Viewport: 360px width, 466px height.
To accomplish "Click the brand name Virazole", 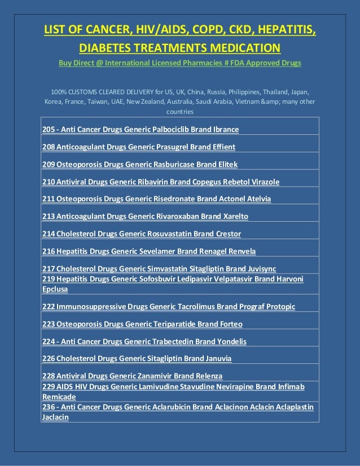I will [x=264, y=182].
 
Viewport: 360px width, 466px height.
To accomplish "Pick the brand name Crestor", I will [x=226, y=234].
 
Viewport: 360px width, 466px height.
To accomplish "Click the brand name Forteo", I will [x=228, y=324].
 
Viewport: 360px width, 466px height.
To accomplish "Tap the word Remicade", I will [x=59, y=397].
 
